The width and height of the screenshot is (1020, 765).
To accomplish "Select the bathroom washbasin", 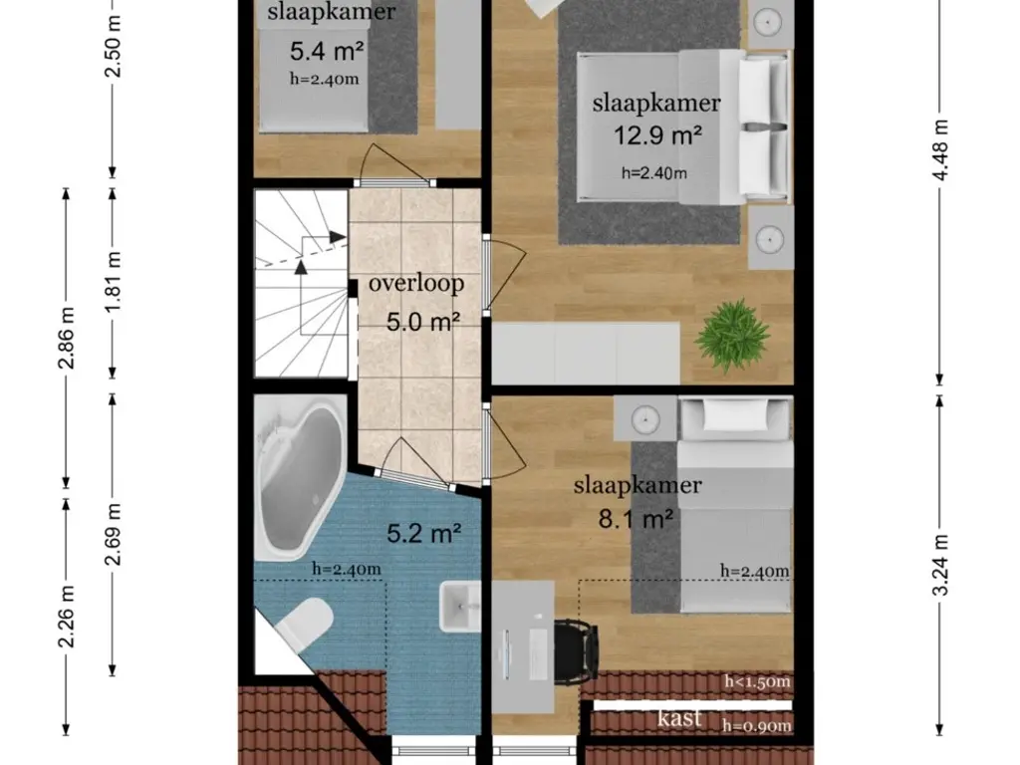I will pos(459,605).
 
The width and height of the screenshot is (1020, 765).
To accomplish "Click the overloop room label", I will pos(416,283).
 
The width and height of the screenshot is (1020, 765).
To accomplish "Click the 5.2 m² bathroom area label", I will pos(423,534).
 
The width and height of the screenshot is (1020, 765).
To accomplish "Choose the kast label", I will pos(679,718).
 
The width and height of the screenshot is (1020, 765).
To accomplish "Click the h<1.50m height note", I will pos(757,681).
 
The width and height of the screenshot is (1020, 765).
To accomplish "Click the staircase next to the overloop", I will pos(299,284).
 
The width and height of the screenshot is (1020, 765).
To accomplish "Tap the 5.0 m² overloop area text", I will pos(422,322).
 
